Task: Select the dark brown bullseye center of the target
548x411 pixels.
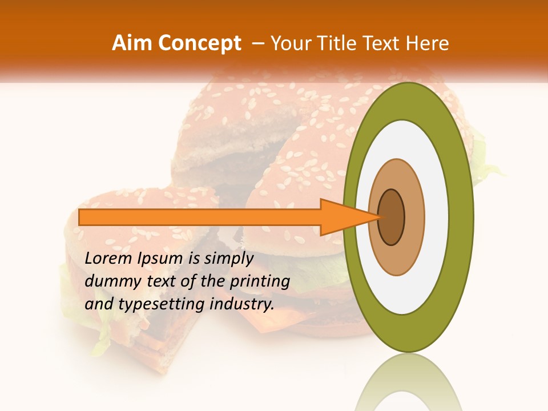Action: tap(392, 217)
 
